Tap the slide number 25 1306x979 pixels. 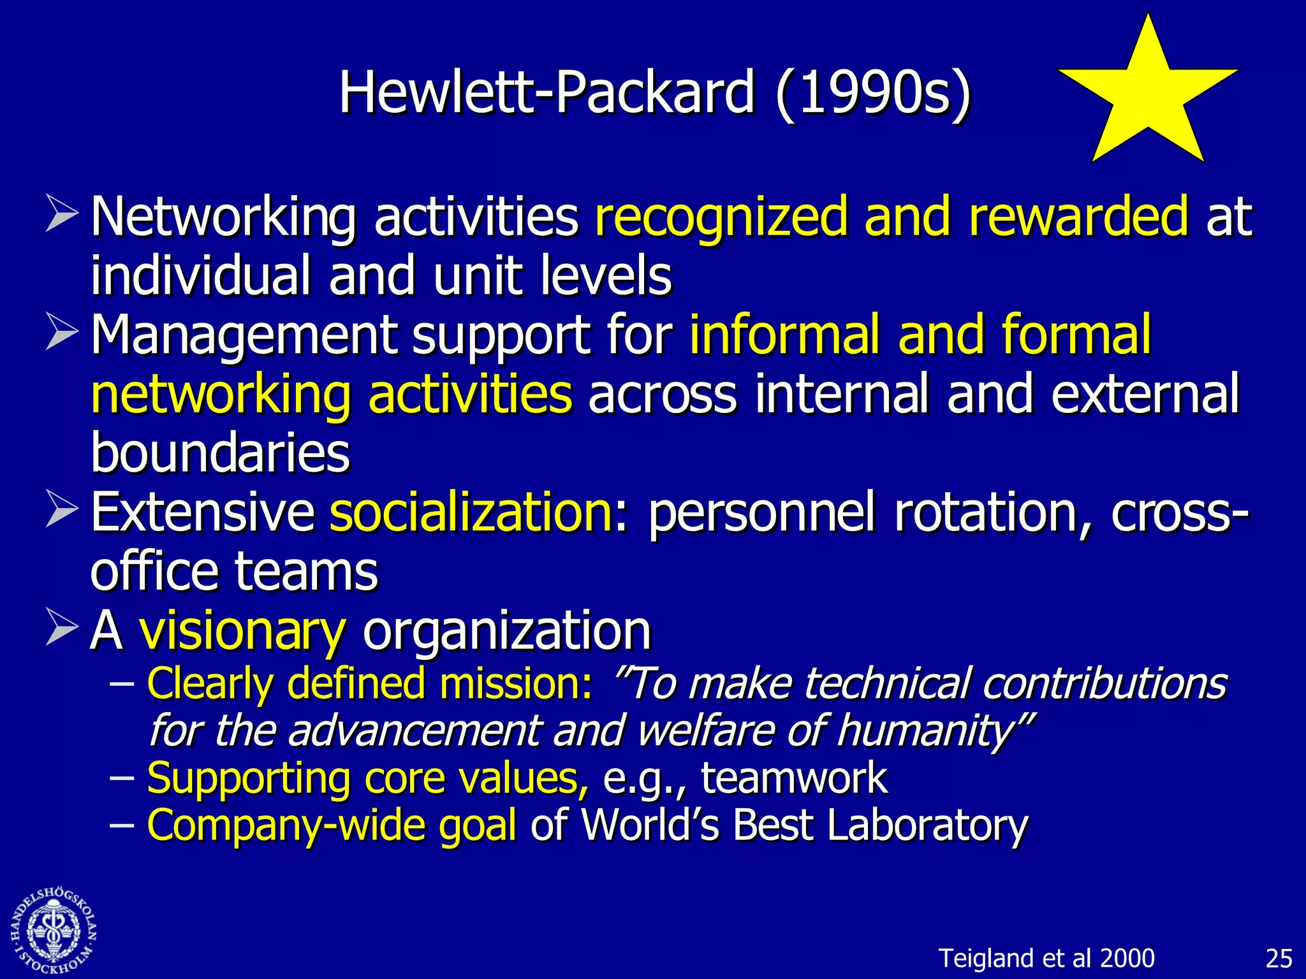(x=1279, y=959)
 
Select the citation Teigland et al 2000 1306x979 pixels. (x=1046, y=959)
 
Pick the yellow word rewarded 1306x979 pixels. (x=1078, y=217)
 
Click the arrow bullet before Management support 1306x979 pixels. (x=62, y=333)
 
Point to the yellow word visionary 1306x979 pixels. (x=243, y=631)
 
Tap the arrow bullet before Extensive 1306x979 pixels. (x=62, y=511)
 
